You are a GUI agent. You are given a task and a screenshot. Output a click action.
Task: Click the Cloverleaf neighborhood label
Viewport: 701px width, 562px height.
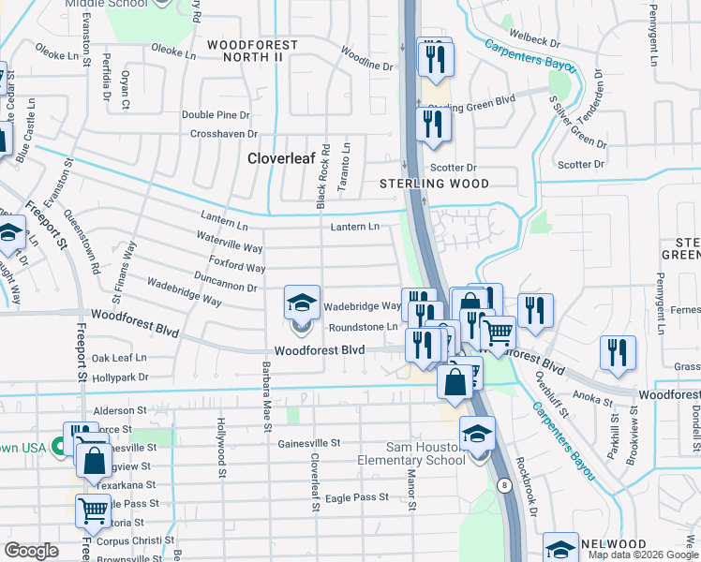pos(278,159)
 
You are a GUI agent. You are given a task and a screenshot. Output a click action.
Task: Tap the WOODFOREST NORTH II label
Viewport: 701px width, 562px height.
pos(252,51)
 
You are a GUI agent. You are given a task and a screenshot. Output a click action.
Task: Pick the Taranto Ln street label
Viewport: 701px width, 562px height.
pos(346,161)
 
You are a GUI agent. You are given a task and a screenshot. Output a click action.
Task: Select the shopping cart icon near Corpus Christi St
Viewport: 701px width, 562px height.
pos(93,511)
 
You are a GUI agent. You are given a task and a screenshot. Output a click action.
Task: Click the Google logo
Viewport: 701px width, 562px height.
pos(33,551)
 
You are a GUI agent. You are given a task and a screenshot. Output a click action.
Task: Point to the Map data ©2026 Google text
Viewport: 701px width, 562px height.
pos(643,555)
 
